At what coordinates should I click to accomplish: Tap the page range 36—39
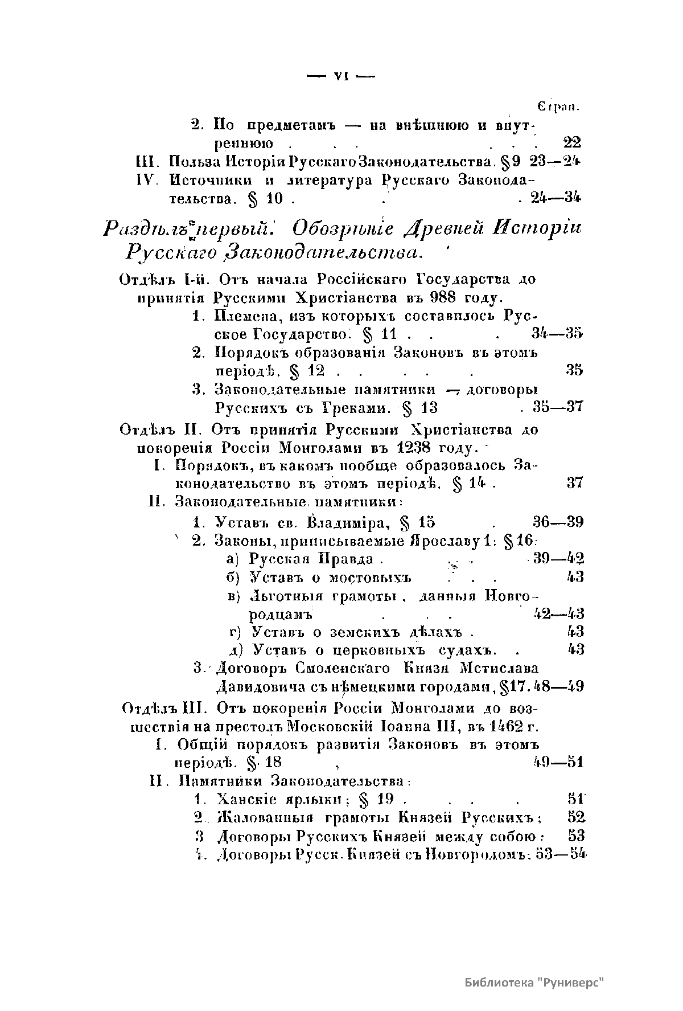click(557, 522)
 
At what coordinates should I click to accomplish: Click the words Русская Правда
click(311, 559)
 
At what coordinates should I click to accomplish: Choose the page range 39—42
click(559, 559)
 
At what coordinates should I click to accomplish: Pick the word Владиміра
click(347, 522)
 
